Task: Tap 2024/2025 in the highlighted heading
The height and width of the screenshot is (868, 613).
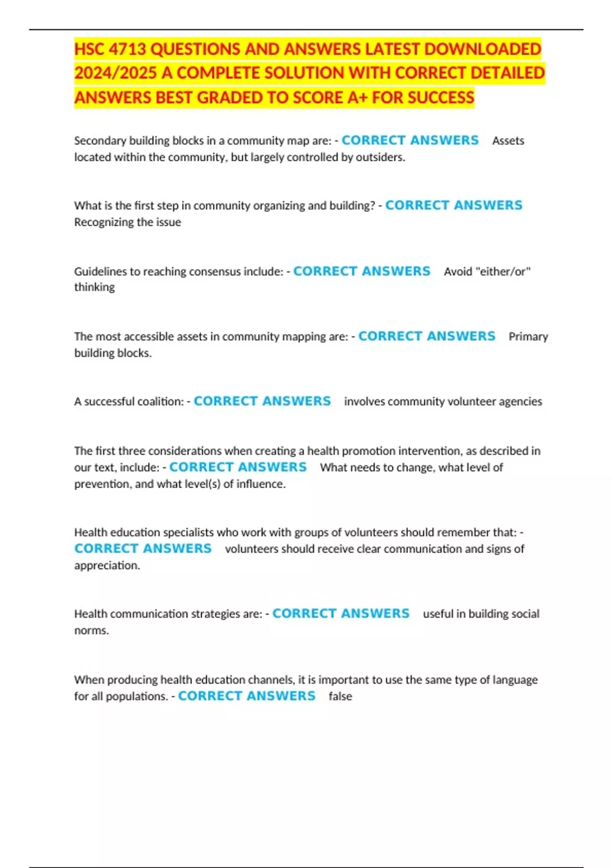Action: pos(115,73)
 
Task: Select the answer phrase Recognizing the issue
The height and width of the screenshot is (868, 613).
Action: pos(128,222)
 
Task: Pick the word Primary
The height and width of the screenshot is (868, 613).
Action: pos(528,336)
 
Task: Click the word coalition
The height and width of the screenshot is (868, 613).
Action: pos(162,401)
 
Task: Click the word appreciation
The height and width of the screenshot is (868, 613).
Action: pos(107,565)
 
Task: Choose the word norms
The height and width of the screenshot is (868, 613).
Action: pos(91,630)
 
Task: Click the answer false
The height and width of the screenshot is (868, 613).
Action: pos(340,696)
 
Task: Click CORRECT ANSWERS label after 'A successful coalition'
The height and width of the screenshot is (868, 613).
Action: pos(262,401)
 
